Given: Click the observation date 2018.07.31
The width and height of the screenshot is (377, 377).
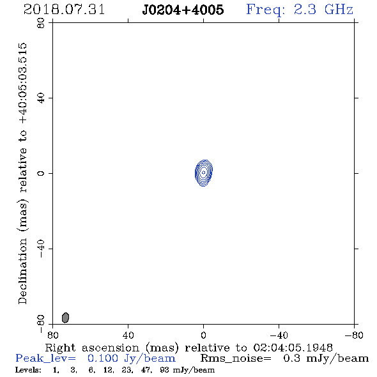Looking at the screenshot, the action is tap(64, 10).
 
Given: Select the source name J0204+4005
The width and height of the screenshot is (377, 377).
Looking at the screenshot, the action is tap(183, 10).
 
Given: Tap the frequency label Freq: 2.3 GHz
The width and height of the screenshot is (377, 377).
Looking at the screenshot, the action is tap(300, 10).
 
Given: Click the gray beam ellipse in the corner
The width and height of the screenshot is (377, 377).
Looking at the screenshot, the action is tap(65, 318).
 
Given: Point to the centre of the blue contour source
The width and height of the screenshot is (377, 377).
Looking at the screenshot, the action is tap(204, 173).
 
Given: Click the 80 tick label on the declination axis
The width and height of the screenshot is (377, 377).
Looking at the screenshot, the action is tap(41, 23).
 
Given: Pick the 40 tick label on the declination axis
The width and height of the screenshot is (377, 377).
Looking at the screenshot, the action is tap(41, 98).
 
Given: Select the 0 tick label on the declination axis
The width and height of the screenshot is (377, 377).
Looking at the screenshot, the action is tap(41, 173).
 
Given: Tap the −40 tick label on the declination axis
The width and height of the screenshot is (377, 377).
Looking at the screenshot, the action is tap(41, 249).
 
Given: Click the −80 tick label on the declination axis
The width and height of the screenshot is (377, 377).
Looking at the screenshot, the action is tap(41, 324).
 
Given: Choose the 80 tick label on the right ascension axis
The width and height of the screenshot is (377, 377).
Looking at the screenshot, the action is tap(52, 335).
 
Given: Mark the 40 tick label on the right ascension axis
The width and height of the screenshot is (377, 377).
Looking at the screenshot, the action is tap(128, 335).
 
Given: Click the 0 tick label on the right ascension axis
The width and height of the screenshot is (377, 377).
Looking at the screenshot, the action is tap(203, 335).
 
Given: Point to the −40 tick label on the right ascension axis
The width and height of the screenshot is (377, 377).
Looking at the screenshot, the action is tap(279, 335).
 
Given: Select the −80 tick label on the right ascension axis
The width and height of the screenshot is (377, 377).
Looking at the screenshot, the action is tap(354, 335).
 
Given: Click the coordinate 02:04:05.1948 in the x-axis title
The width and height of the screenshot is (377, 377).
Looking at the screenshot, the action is tap(293, 348).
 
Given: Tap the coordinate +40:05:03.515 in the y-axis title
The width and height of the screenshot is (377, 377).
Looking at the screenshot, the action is tap(23, 83).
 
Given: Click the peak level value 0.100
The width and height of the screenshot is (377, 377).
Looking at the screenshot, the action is tap(103, 358).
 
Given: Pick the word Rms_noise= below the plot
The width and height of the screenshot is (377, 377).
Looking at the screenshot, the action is tap(236, 358).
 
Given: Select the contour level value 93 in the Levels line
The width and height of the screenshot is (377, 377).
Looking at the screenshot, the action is tap(164, 370).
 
